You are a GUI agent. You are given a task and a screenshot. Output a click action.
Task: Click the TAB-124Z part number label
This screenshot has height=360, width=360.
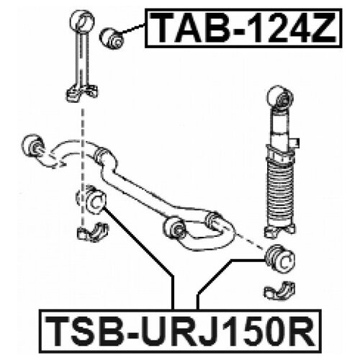point(243,28)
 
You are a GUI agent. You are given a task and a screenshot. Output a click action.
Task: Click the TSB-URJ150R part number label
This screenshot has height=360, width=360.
point(180,331)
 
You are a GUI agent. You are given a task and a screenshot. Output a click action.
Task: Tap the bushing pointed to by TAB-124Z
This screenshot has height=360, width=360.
point(111,38)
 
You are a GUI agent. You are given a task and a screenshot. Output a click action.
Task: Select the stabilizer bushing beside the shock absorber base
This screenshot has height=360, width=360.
point(280,258)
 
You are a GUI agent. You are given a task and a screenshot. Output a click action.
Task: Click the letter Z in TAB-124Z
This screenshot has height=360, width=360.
point(322,28)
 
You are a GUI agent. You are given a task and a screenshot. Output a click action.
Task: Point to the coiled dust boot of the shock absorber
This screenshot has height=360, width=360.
point(280,193)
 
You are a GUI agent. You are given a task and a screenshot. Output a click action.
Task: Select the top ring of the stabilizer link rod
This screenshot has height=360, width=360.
point(82,21)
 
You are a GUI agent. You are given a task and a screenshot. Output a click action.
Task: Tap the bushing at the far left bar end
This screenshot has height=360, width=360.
point(33,145)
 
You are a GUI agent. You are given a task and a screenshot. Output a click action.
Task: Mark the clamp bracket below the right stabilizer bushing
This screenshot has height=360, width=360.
point(279,291)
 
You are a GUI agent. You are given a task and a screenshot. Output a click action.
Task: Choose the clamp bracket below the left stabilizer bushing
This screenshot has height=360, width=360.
point(93,232)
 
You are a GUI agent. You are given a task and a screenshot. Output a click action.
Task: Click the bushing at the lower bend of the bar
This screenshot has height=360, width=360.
point(175,227)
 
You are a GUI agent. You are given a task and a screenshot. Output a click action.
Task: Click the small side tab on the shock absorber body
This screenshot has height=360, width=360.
point(296,143)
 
